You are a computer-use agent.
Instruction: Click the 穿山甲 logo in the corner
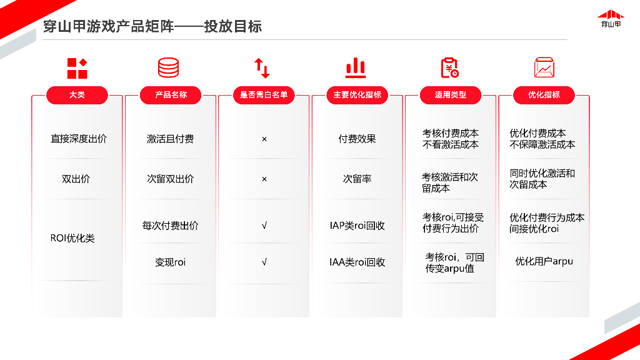(x=611, y=19)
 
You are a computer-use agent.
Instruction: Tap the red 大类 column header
(x=77, y=95)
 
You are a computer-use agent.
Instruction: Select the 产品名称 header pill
(x=171, y=95)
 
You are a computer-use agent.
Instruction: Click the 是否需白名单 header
(x=264, y=95)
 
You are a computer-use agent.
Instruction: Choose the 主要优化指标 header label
(x=357, y=95)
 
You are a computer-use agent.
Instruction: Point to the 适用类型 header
(x=450, y=95)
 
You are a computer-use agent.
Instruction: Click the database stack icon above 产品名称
(x=168, y=67)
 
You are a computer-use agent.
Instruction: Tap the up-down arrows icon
(x=262, y=67)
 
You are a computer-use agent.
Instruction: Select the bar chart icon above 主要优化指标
(x=356, y=67)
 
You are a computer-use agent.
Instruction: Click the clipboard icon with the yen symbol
(x=449, y=67)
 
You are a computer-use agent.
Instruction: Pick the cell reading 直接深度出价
(x=79, y=139)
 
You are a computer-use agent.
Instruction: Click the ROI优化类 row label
(x=72, y=238)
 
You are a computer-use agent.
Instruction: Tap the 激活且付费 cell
(x=170, y=139)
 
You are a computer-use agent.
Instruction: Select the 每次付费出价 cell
(x=170, y=226)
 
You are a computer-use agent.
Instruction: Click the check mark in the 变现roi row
(x=264, y=262)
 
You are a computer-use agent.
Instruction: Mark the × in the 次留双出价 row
(x=264, y=179)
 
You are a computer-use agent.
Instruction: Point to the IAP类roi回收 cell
(x=357, y=226)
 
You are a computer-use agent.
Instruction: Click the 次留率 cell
(x=357, y=179)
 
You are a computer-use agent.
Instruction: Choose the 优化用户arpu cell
(x=544, y=261)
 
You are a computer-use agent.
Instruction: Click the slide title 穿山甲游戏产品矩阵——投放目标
(x=152, y=26)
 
